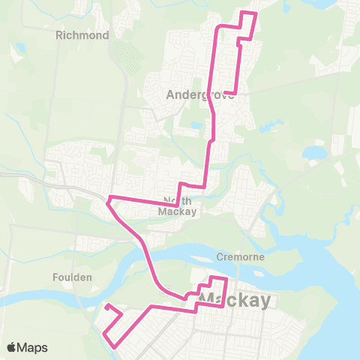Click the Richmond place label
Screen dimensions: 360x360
point(82,35)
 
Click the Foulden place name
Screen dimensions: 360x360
point(73,277)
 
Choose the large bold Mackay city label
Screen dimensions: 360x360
point(234,301)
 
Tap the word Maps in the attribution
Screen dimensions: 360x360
point(33,347)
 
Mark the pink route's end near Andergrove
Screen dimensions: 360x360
point(225,93)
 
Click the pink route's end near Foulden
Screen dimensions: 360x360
point(106,305)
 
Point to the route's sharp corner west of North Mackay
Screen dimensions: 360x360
point(109,200)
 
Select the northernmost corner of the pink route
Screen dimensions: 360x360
point(256,13)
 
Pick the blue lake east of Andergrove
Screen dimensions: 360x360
point(313,153)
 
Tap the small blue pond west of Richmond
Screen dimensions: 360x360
point(18,48)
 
